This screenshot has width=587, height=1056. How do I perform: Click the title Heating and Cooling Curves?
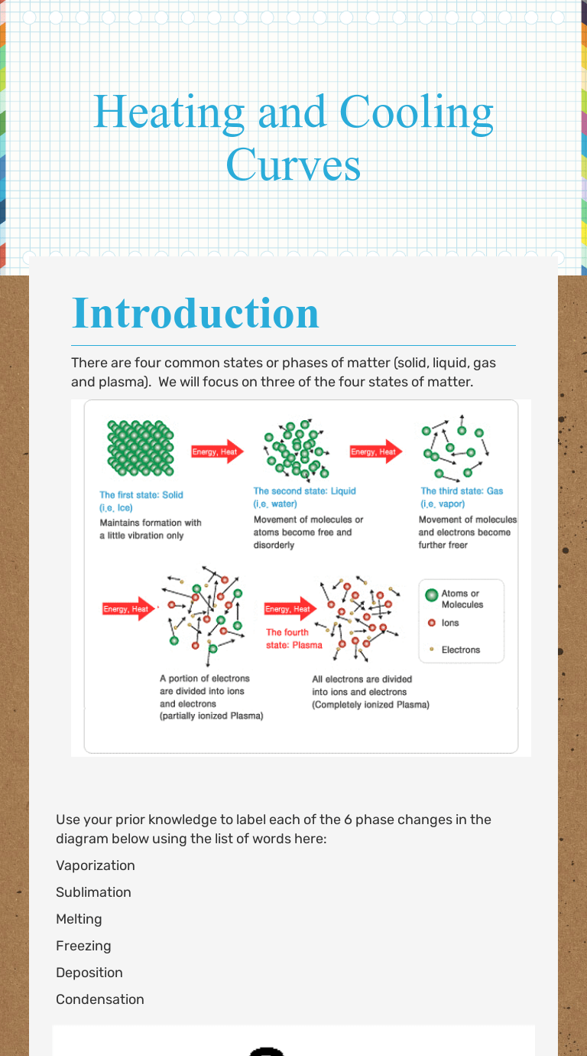coord(293,138)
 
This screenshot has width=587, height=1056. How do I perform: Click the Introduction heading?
coord(196,313)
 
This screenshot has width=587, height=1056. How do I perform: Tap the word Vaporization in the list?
coord(96,865)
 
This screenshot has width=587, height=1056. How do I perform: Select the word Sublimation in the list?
coord(93,892)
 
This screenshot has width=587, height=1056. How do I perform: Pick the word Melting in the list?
coord(79,919)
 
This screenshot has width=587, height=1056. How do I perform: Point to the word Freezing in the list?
coord(83,946)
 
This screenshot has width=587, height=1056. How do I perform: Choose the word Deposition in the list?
coord(89,973)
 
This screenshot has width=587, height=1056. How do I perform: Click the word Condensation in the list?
coord(100,999)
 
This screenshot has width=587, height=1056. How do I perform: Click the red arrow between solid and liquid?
coord(217,451)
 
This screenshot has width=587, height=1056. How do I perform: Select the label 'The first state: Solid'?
coord(141,495)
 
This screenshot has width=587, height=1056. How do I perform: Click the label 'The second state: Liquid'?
coord(305,491)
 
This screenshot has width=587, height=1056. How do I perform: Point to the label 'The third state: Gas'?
coord(462,491)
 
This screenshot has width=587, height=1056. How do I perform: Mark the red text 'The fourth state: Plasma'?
coord(294,639)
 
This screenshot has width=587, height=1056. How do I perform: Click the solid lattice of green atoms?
coord(141,448)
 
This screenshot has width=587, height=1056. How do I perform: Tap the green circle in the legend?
coord(432,595)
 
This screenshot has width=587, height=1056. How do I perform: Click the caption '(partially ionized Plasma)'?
coord(212,716)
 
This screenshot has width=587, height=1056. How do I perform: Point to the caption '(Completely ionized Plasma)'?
coord(371,705)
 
